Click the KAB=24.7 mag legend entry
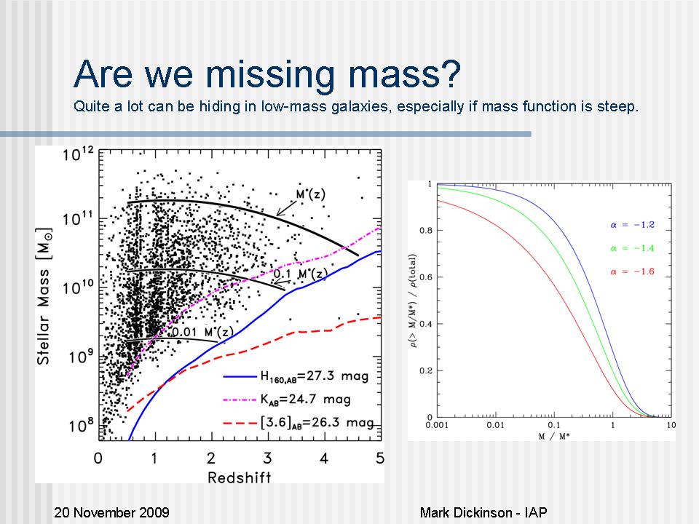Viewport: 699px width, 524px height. (x=306, y=400)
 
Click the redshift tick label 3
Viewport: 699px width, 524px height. (x=268, y=458)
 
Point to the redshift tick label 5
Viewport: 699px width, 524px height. (x=379, y=458)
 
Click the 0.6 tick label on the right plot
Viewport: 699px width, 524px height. (x=425, y=277)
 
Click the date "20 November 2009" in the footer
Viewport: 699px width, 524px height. (x=112, y=512)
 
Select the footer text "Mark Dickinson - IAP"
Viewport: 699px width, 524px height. (x=483, y=512)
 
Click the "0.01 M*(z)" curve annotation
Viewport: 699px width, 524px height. (x=202, y=333)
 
